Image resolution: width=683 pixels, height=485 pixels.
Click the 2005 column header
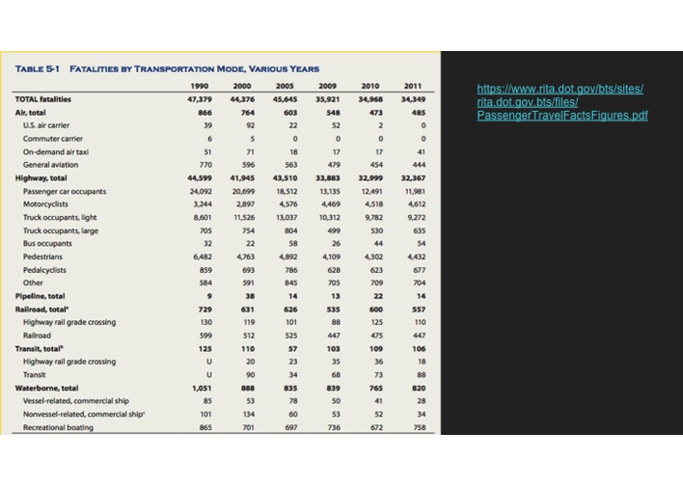(x=288, y=86)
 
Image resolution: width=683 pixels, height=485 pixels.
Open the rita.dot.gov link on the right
(x=561, y=102)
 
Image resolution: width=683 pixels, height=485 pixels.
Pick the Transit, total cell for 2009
(x=332, y=348)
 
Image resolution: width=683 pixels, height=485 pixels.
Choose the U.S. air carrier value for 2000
(x=248, y=126)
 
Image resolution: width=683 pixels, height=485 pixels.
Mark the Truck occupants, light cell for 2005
(x=288, y=217)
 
